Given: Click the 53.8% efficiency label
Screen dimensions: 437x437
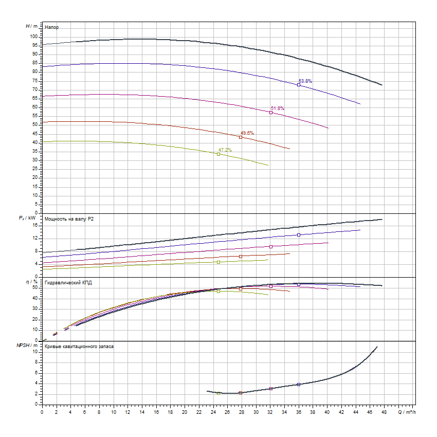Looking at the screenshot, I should tap(305, 81).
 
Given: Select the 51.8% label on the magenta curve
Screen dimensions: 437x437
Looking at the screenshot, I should tap(278, 108).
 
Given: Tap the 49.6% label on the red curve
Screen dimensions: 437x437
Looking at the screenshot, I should tap(247, 133).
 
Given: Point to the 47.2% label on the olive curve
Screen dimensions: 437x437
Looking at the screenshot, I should tap(225, 150).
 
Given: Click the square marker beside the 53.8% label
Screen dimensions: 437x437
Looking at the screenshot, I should tap(299, 85).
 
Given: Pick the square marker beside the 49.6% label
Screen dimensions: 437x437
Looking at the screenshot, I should tap(241, 137).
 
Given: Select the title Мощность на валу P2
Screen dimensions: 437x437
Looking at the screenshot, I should tap(69, 219).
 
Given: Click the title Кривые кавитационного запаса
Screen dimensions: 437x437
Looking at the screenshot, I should tap(79, 347).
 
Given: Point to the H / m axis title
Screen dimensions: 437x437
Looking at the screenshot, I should tap(31, 26).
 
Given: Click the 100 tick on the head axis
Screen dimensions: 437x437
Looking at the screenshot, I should tap(34, 37).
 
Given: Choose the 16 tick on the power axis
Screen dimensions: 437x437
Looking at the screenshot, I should tap(35, 225).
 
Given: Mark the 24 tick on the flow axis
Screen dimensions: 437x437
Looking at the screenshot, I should tap(213, 411).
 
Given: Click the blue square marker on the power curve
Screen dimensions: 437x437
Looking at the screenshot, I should tap(299, 235).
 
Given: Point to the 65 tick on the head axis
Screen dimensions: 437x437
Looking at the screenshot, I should tap(35, 98).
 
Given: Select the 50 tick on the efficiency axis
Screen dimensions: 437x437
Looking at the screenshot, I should tap(35, 287).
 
